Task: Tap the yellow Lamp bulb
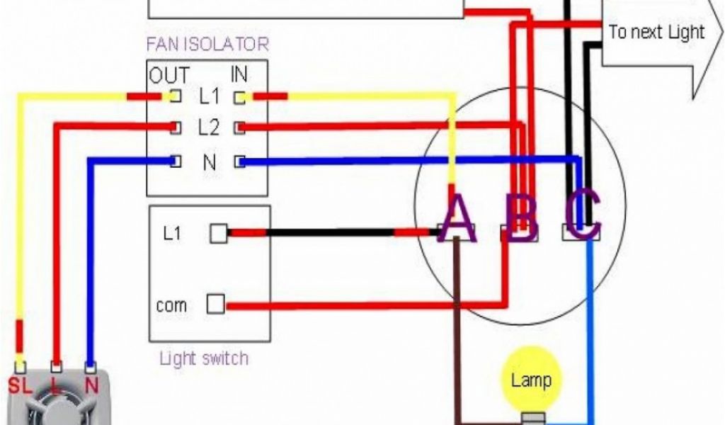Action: pyautogui.click(x=530, y=380)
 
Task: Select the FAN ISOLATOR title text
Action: pyautogui.click(x=207, y=44)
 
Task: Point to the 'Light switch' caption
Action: pyautogui.click(x=204, y=358)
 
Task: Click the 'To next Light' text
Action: pyautogui.click(x=656, y=32)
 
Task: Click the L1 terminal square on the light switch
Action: pyautogui.click(x=219, y=233)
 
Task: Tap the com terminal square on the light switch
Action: pyautogui.click(x=216, y=305)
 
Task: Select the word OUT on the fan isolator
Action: pyautogui.click(x=169, y=75)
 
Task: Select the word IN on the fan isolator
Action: pyautogui.click(x=239, y=74)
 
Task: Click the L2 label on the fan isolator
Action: pyautogui.click(x=209, y=128)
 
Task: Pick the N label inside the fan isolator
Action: pyautogui.click(x=210, y=162)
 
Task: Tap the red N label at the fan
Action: pyautogui.click(x=91, y=386)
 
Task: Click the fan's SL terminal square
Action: pyautogui.click(x=21, y=367)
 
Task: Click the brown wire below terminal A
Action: pyautogui.click(x=459, y=326)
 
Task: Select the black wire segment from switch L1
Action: pyautogui.click(x=329, y=232)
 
